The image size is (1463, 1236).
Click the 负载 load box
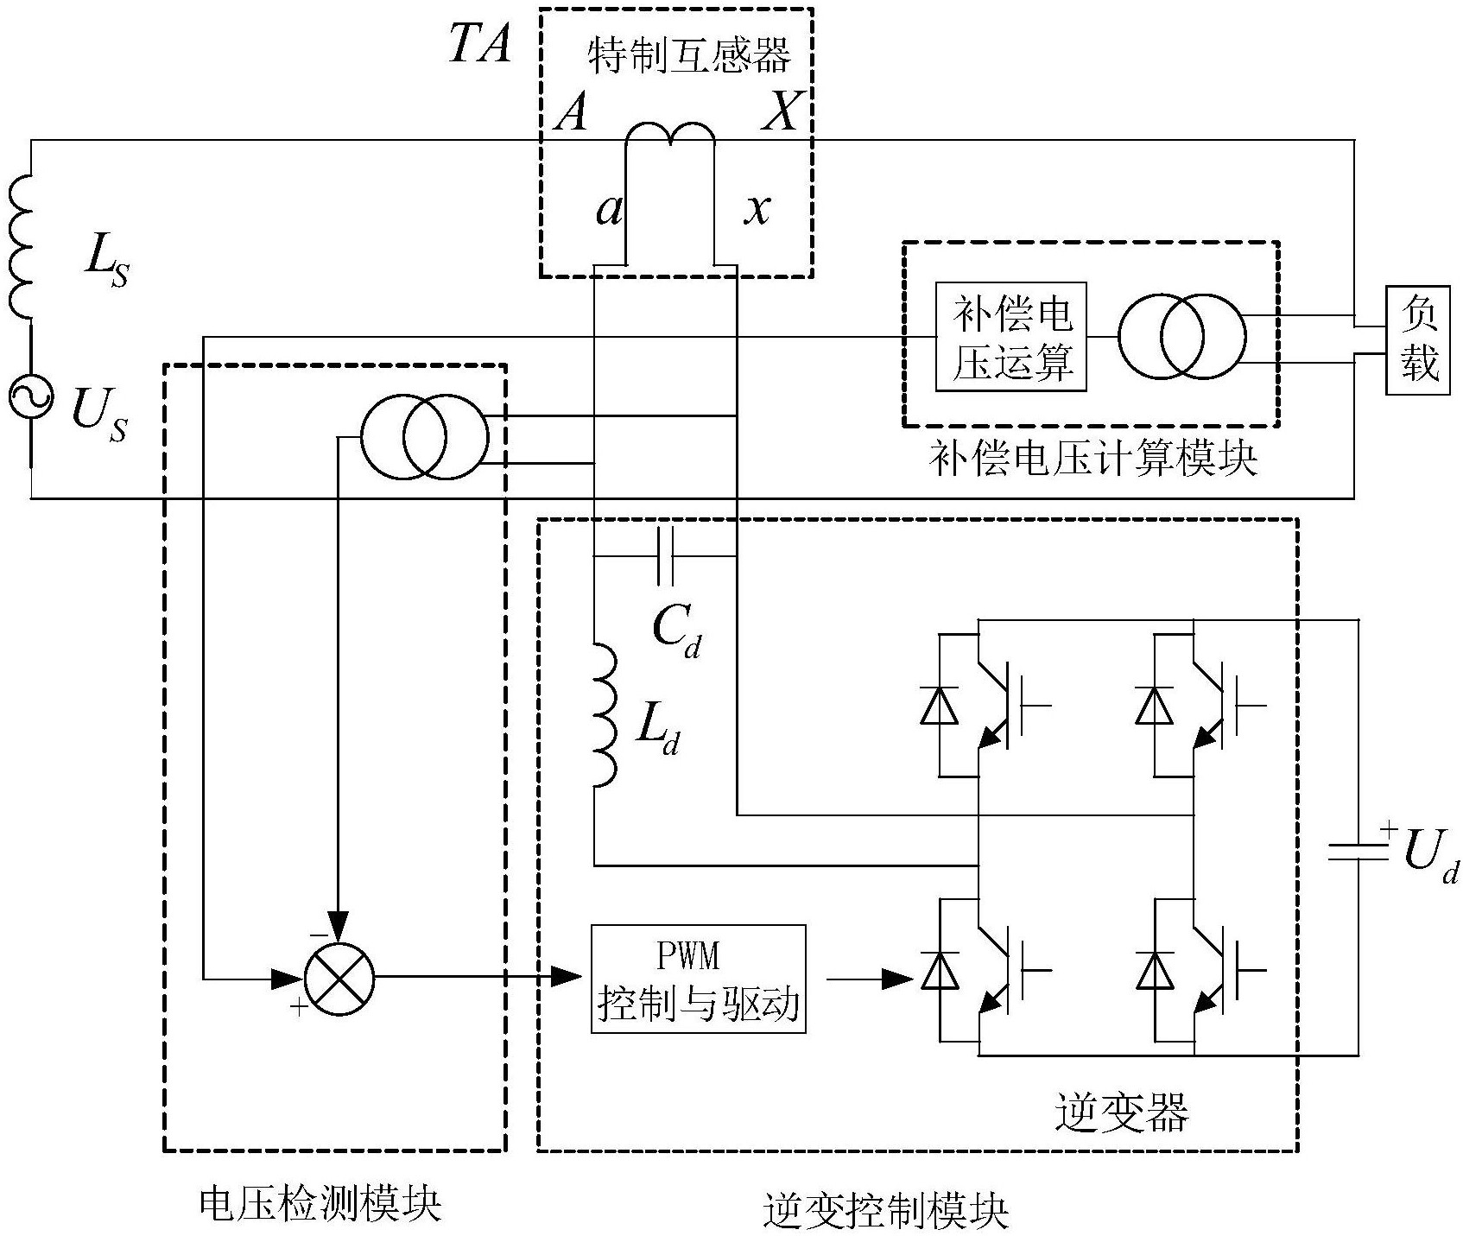(1417, 339)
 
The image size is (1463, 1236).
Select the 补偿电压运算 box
(1011, 337)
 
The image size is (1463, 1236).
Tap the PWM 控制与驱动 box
(698, 979)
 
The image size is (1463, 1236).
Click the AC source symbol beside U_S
(31, 396)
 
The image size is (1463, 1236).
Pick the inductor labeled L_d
(605, 715)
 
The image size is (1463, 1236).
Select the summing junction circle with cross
(339, 979)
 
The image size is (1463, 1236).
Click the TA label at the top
(480, 43)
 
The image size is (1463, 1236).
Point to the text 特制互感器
(688, 55)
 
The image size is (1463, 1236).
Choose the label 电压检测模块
(320, 1203)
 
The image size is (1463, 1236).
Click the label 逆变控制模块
(886, 1211)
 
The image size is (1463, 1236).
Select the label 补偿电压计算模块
(1092, 459)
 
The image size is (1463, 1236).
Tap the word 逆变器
(1122, 1112)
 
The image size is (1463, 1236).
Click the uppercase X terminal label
(781, 111)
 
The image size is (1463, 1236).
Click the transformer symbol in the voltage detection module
(424, 438)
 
